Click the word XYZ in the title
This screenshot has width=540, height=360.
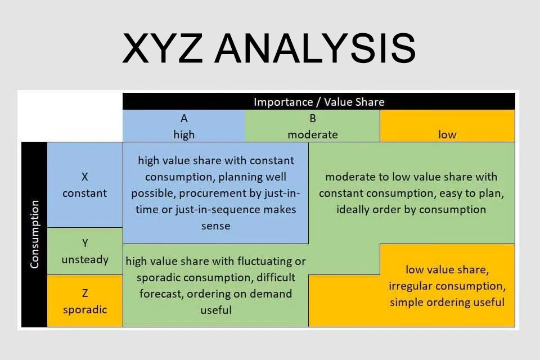[162, 48]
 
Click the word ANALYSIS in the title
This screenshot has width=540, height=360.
[315, 48]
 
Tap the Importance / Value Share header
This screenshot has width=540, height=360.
[319, 102]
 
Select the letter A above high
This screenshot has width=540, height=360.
[184, 119]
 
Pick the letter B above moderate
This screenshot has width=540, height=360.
[313, 119]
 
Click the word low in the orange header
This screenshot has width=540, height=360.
[447, 134]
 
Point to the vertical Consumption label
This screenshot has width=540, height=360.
[34, 234]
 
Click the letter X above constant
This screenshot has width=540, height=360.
[85, 177]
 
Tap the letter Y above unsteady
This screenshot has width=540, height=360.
[85, 243]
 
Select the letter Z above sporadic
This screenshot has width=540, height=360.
[85, 293]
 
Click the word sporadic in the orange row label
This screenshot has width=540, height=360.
[85, 310]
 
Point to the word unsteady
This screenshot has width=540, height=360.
[85, 259]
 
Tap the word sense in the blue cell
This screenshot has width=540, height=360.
[216, 226]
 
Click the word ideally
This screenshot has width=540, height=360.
[352, 209]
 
